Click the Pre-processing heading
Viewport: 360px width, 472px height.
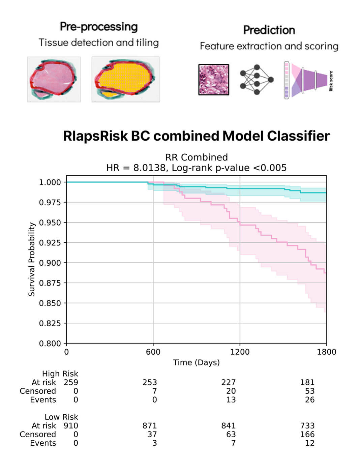99,27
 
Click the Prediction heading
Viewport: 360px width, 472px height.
269,30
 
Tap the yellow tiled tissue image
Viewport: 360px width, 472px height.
125,79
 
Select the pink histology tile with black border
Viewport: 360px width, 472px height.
214,80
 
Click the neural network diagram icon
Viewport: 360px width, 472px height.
256,80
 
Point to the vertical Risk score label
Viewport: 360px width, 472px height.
331,81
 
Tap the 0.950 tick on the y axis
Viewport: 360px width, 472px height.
50,223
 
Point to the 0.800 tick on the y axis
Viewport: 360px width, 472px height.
50,343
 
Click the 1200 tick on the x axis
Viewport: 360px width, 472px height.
240,352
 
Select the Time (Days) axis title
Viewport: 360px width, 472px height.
196,362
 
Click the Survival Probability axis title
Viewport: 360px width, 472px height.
32,259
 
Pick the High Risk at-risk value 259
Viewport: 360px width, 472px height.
71,382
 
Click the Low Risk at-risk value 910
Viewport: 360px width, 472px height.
71,426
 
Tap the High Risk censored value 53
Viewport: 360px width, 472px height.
309,391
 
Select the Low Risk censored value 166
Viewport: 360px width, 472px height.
307,435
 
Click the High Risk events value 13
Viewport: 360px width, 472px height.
231,400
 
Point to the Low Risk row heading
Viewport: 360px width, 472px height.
61,417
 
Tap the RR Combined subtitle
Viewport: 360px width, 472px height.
196,157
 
